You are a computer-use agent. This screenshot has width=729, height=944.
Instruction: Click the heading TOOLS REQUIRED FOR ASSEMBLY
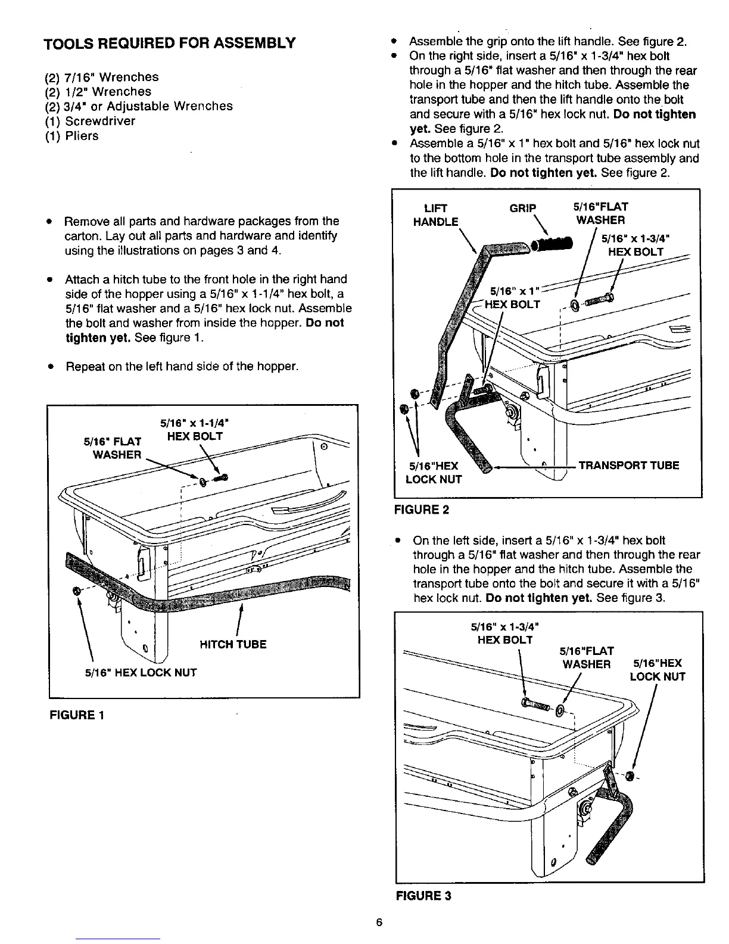click(x=170, y=43)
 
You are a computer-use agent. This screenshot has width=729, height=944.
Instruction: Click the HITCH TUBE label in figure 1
click(x=233, y=644)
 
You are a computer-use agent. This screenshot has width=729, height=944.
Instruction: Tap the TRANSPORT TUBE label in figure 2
click(x=628, y=465)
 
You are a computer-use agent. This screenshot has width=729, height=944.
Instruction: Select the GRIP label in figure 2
click(x=523, y=208)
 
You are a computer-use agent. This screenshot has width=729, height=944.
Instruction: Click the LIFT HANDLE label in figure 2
click(x=436, y=215)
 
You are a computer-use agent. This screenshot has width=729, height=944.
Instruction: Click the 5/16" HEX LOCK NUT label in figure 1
click(x=141, y=673)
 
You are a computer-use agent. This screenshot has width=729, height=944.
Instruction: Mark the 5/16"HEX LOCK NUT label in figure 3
click(x=657, y=670)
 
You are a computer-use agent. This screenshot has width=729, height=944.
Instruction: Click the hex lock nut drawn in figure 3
click(x=630, y=775)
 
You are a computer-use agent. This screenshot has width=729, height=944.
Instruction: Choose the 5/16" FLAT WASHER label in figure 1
click(x=113, y=448)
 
